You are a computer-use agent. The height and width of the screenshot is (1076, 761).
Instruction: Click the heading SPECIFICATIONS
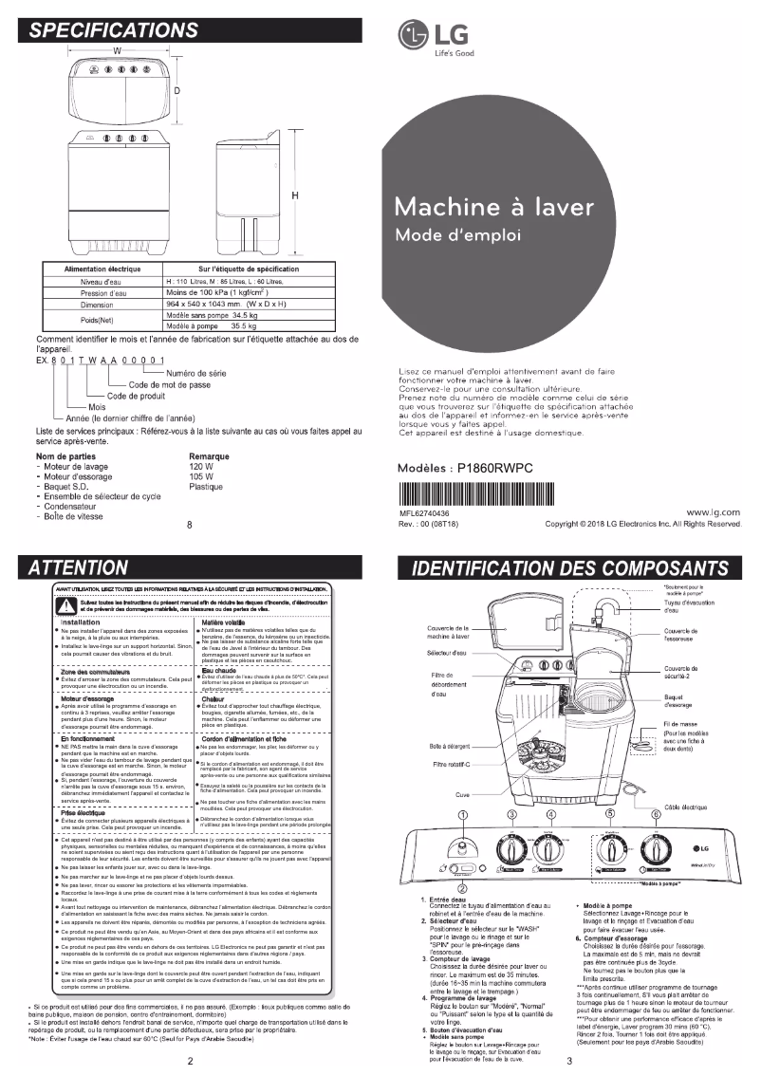click(x=114, y=29)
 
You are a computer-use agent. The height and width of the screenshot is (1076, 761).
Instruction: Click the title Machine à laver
click(x=493, y=206)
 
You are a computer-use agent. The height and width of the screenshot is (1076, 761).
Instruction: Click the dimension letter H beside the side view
click(x=295, y=195)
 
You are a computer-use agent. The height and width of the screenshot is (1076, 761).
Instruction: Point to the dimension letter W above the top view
click(x=117, y=49)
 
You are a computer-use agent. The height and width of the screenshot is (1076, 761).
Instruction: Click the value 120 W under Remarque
click(x=201, y=467)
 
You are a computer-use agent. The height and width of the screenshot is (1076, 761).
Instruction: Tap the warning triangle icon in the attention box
click(x=70, y=604)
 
